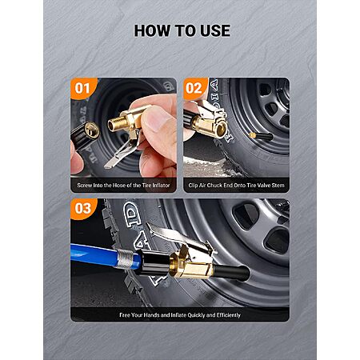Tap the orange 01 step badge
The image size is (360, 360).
pos(83,88)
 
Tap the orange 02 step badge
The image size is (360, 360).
pos(195,88)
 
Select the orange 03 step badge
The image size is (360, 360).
pos(83,209)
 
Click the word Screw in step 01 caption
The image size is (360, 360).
pos(84,186)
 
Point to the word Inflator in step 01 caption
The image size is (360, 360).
pos(161,186)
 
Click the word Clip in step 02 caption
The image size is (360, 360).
pos(193,186)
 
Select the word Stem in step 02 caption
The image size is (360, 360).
pos(278,186)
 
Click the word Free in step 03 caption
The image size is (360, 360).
pos(125,315)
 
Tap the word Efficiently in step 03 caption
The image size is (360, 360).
pos(229,315)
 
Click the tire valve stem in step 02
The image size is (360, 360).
pos(262,136)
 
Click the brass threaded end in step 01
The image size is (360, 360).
pos(114,125)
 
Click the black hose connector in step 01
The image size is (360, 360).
pos(84,134)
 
